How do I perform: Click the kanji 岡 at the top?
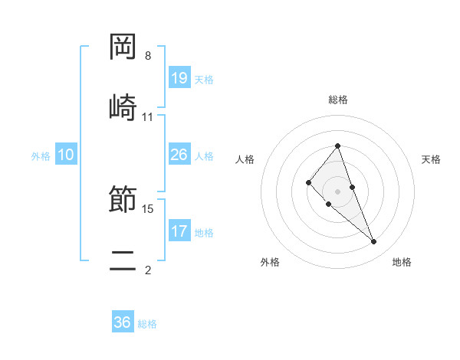123,47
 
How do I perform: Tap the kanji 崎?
123,107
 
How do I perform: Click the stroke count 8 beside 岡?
148,56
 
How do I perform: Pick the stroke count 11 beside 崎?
148,116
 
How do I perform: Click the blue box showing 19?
179,78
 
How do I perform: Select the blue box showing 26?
179,155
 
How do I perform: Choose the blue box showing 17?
179,231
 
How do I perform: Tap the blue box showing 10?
66,155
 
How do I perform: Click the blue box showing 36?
123,322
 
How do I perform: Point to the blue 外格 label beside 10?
41,156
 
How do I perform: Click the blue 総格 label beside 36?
147,324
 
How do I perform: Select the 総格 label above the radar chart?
338,100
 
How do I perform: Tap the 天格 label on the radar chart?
431,159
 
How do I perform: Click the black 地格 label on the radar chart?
402,262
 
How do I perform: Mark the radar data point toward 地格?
374,242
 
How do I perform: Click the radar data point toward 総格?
338,146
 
